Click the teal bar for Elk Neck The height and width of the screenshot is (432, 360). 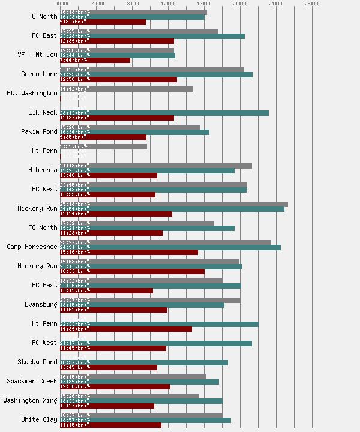click(164, 113)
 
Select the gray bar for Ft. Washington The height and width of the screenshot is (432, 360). click(126, 89)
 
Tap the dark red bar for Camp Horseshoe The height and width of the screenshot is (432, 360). click(128, 252)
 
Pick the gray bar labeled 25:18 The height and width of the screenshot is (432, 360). click(173, 204)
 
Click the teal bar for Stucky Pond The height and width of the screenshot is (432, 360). click(143, 362)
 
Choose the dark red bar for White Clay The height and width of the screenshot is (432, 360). click(110, 425)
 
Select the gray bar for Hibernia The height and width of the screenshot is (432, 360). click(155, 166)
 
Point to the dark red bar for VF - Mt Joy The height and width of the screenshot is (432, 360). click(95, 60)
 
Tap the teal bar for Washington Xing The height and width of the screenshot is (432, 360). click(140, 401)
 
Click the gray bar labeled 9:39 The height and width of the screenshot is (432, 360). click(103, 146)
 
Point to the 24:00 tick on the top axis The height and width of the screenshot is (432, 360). click(276, 4)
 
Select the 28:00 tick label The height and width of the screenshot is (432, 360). click(312, 4)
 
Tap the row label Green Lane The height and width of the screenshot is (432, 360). click(39, 74)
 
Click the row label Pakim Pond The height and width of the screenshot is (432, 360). click(39, 132)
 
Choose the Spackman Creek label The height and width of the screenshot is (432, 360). click(32, 382)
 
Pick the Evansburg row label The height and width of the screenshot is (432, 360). click(41, 305)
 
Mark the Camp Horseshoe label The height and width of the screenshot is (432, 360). click(32, 247)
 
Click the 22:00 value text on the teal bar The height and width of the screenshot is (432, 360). click(67, 324)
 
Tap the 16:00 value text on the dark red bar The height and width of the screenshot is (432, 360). click(67, 271)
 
